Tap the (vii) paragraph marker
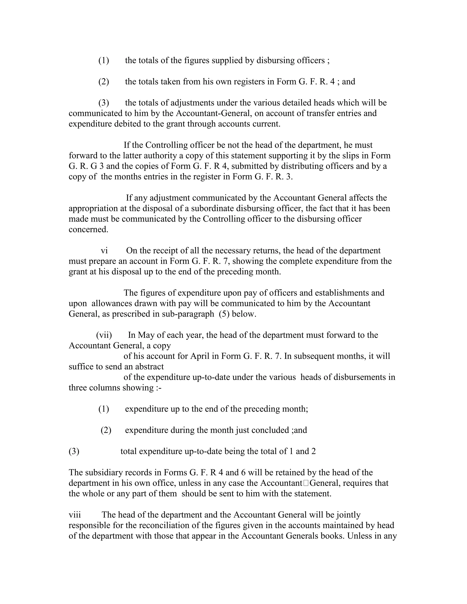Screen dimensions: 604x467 (104, 335)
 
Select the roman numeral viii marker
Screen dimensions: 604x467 (75, 515)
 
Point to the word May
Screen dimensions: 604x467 (146, 335)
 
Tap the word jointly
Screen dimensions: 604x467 (349, 515)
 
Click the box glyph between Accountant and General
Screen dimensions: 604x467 (306, 483)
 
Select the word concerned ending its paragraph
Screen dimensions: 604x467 (88, 230)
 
